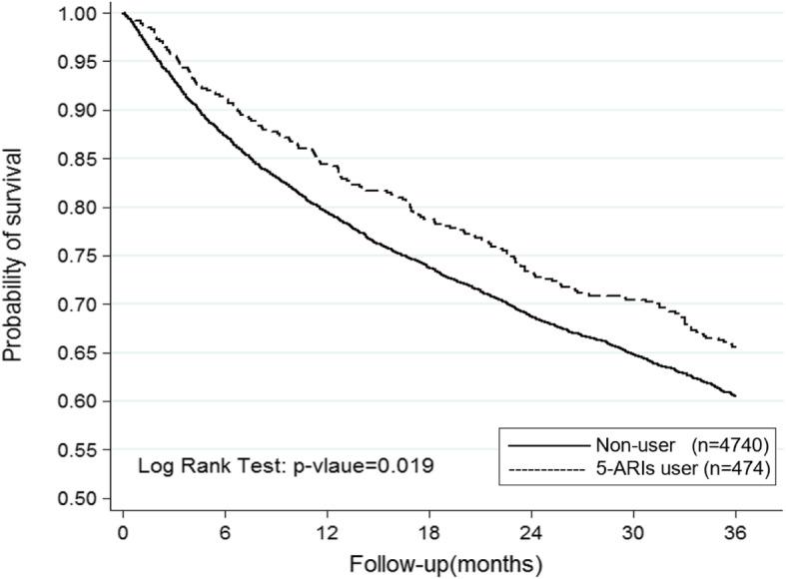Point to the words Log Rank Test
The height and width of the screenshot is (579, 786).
coord(190,465)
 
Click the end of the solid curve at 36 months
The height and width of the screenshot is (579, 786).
coord(735,396)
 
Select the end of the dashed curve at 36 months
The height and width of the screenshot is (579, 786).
coord(735,347)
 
